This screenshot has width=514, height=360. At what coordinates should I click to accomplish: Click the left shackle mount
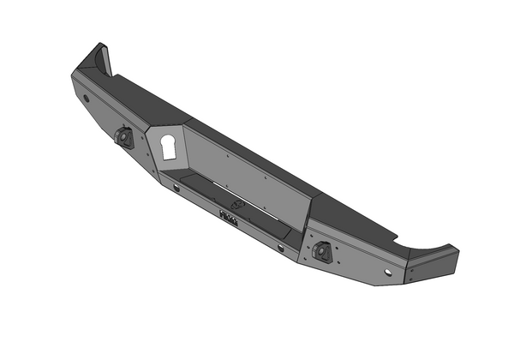(124, 138)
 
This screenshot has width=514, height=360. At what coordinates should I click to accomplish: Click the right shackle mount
(323, 251)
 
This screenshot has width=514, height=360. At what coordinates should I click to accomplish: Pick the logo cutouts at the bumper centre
(230, 219)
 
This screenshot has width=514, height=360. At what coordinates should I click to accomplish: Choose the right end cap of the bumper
(433, 267)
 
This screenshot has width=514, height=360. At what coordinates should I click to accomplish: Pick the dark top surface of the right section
(360, 219)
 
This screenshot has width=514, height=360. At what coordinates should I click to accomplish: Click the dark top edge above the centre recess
(257, 154)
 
